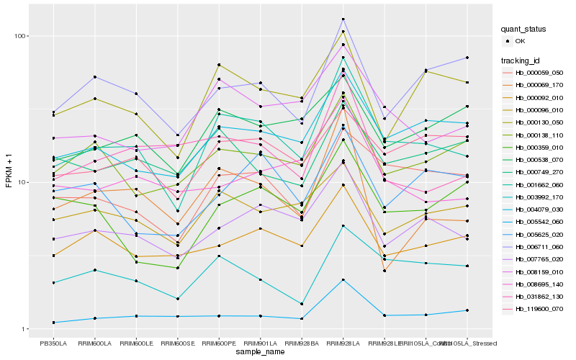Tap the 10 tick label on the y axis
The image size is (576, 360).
[22, 182]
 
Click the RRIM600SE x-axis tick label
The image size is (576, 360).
[177, 343]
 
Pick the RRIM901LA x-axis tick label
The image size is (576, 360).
[260, 343]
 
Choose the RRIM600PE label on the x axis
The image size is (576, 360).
[219, 343]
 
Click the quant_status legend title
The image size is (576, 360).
[525, 29]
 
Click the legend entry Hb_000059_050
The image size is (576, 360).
[539, 72]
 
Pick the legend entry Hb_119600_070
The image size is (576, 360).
[539, 308]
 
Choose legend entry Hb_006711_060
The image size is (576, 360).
[539, 246]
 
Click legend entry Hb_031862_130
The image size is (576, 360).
[539, 296]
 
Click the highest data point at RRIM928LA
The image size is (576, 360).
[343, 19]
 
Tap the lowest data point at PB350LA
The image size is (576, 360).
[53, 322]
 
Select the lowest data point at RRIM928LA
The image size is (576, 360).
[343, 279]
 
